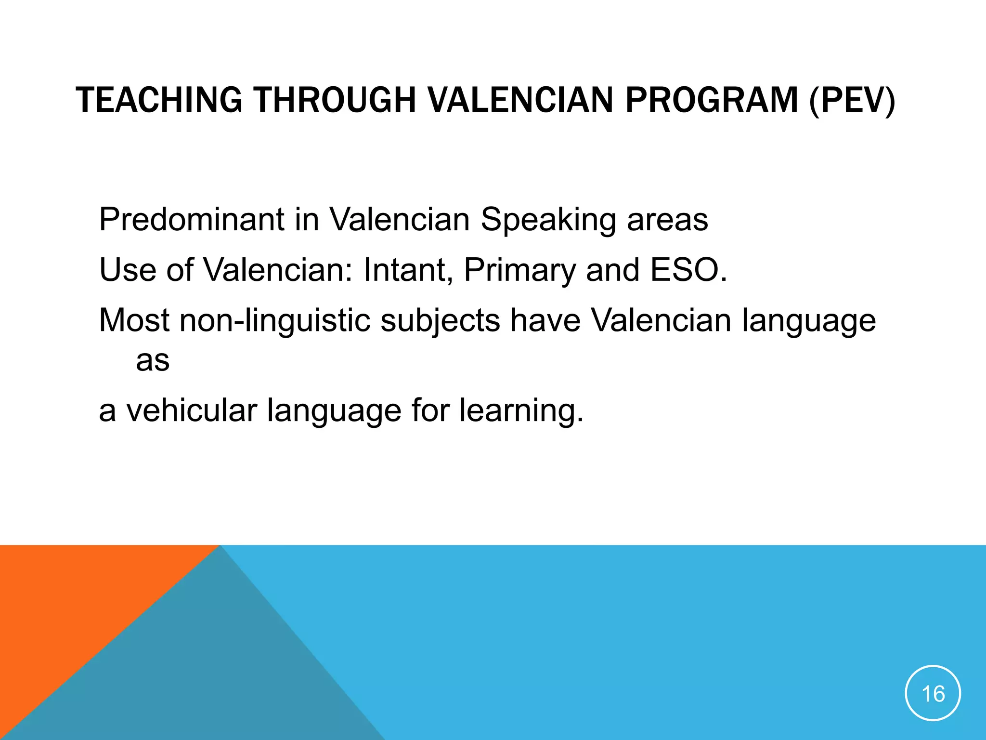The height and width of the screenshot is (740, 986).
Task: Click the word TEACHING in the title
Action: [x=159, y=100]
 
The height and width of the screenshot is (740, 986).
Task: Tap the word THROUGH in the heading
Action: [x=335, y=100]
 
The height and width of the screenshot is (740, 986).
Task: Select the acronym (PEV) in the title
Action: [x=853, y=100]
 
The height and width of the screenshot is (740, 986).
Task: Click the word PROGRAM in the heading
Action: [x=712, y=100]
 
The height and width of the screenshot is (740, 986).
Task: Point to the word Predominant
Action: [x=192, y=220]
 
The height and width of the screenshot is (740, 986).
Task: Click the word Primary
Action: [x=519, y=271]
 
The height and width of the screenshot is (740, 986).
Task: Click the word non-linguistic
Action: [x=275, y=321]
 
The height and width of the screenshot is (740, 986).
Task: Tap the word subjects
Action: [x=440, y=321]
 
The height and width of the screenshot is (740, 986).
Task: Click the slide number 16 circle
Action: [x=933, y=693]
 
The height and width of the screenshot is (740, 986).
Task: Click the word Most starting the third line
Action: [x=134, y=321]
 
